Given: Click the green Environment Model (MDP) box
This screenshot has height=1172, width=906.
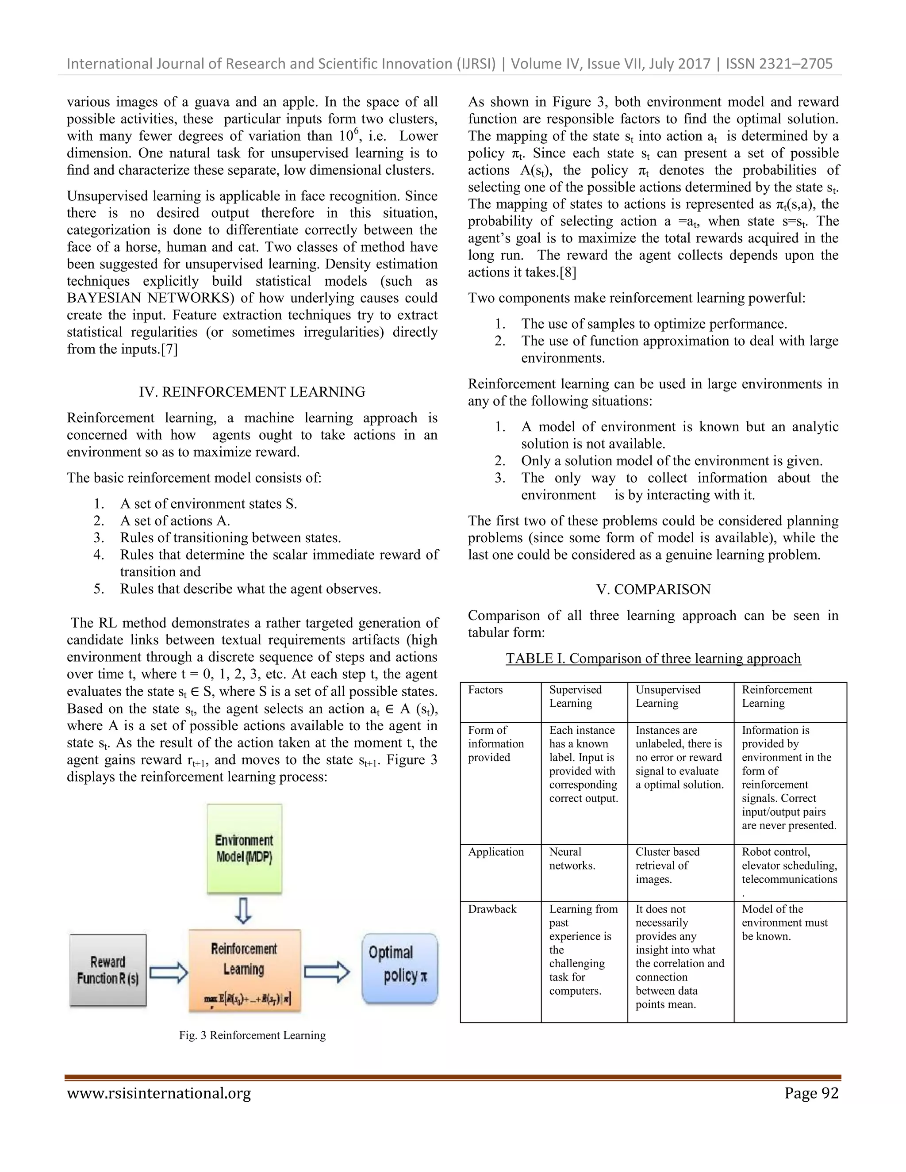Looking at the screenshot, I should [244, 848].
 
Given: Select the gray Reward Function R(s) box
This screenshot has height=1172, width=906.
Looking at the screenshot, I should [108, 970].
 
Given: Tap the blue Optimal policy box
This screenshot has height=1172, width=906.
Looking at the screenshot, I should [400, 968].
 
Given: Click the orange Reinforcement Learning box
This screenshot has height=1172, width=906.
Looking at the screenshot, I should [244, 970].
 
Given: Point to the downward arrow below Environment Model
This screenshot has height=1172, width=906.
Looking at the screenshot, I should [244, 911].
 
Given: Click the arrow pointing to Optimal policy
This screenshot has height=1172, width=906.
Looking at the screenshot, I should [327, 972].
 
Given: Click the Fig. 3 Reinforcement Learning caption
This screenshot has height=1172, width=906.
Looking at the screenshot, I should [252, 1035].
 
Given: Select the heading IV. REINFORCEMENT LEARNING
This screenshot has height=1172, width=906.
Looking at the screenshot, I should [252, 392].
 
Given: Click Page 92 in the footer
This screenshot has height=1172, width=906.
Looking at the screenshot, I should [811, 1093].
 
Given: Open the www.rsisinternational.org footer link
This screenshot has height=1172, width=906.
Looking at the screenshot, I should [159, 1093].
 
